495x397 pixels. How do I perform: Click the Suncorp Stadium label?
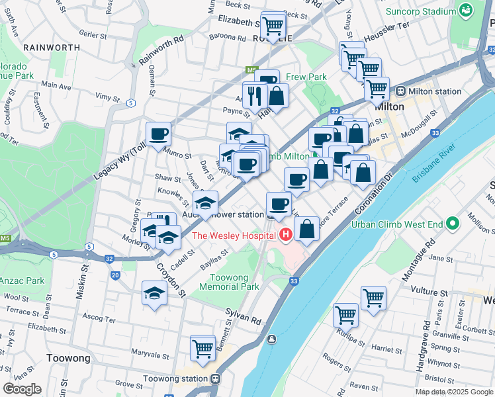421,11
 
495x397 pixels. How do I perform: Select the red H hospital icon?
286,234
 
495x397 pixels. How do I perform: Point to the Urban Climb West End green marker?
453,224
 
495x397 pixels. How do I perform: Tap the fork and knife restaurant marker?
255,95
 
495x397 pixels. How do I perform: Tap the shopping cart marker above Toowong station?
202,347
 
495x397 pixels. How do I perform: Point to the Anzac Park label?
22,281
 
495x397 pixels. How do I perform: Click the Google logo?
22,389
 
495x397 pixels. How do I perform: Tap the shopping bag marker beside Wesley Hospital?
308,230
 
